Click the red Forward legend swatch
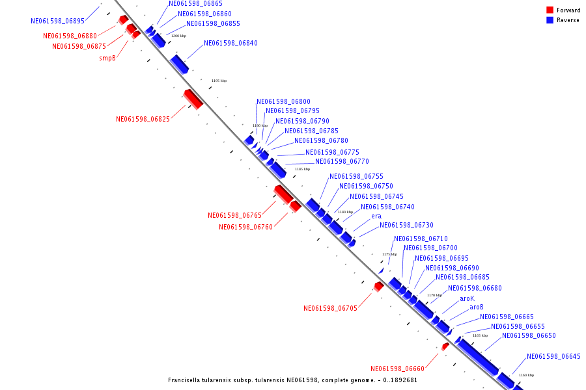pyautogui.click(x=550, y=10)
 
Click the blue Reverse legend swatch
pyautogui.click(x=550, y=20)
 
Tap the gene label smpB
pyautogui.click(x=107, y=58)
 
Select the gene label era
pyautogui.click(x=376, y=216)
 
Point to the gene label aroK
pyautogui.click(x=467, y=298)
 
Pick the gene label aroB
pyautogui.click(x=477, y=307)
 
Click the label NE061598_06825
pyautogui.click(x=143, y=119)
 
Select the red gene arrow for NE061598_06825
pyautogui.click(x=193, y=99)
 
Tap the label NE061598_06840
pyautogui.click(x=230, y=43)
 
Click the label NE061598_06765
pyautogui.click(x=234, y=215)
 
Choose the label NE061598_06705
pyautogui.click(x=330, y=308)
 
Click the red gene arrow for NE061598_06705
pyautogui.click(x=378, y=286)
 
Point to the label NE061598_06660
pyautogui.click(x=397, y=369)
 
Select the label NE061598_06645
pyautogui.click(x=553, y=356)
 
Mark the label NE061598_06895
pyautogui.click(x=57, y=21)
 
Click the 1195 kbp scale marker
pyautogui.click(x=219, y=81)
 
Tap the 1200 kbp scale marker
pyautogui.click(x=178, y=36)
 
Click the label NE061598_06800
pyautogui.click(x=283, y=101)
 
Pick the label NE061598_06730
pyautogui.click(x=406, y=225)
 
